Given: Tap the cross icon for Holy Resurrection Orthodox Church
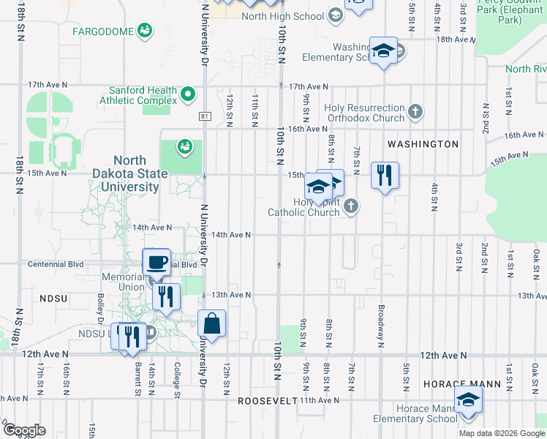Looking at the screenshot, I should (415, 112).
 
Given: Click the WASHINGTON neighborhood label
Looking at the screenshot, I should (423, 144).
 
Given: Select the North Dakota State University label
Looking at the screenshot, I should (140, 173).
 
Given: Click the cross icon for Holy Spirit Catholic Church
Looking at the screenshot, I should (351, 206).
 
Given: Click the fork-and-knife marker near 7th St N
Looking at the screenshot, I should (384, 175).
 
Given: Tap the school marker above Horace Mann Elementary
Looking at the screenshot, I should (468, 400).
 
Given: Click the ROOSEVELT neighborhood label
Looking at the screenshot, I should (268, 401).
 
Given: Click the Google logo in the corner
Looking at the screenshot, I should (23, 430).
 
